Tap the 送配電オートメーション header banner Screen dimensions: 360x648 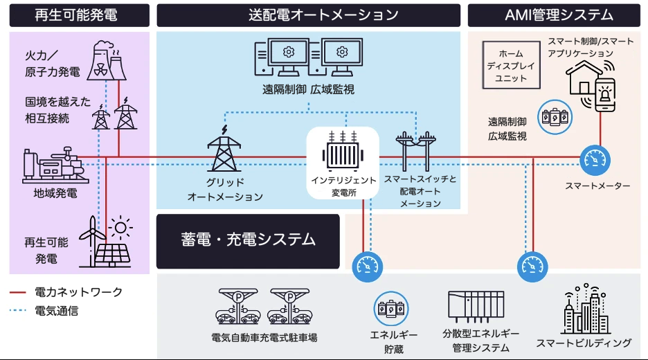[x=308, y=15]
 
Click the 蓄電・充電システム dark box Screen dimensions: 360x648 [x=248, y=241]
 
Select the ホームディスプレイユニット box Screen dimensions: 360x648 [x=510, y=66]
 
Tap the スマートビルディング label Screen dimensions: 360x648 [x=584, y=343]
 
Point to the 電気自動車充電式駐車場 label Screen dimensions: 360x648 [x=264, y=338]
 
